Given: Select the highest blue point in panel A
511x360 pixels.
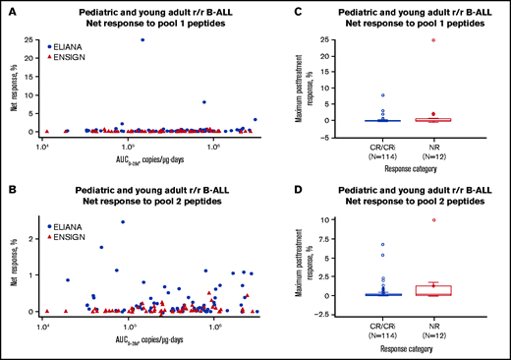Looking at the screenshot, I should pyautogui.click(x=142, y=40).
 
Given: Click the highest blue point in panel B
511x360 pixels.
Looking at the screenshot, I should pyautogui.click(x=123, y=221).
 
